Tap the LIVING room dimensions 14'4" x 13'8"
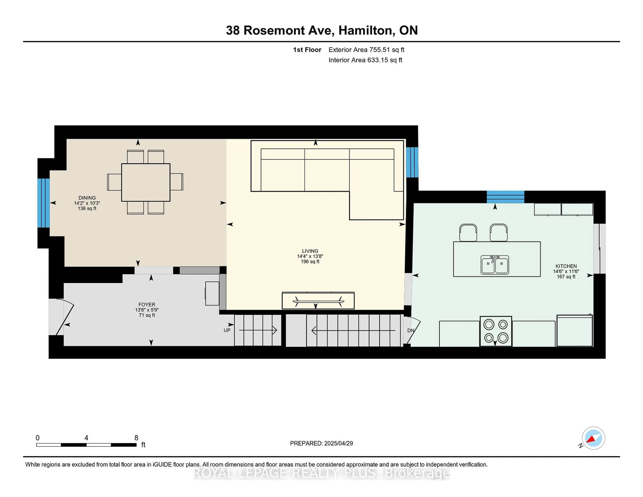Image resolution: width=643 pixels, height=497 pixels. pos(310,256)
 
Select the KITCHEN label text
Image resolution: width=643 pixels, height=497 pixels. pos(566,266)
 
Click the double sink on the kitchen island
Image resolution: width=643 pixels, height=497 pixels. pos(495,265)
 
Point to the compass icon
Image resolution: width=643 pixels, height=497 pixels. pos(593,438)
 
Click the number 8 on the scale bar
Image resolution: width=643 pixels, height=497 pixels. pos(136,438)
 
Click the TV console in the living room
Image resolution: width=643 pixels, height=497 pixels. pos(318,301)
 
